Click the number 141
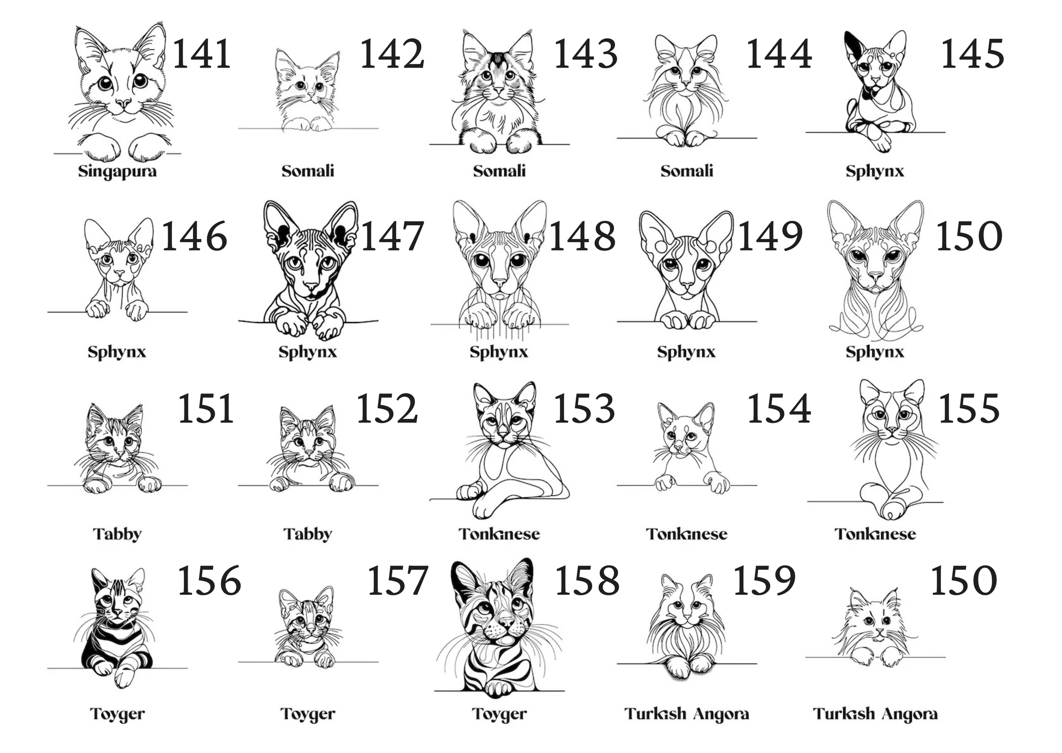click(202, 55)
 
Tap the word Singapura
click(117, 172)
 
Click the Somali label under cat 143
click(499, 171)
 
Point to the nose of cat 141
click(123, 103)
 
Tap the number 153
click(584, 409)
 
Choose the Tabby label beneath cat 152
click(308, 534)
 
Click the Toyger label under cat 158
click(499, 714)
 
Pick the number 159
click(764, 581)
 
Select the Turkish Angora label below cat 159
click(687, 714)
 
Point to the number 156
click(209, 581)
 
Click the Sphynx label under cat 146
click(117, 352)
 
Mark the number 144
click(779, 55)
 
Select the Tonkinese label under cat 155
click(875, 534)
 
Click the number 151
click(206, 409)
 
